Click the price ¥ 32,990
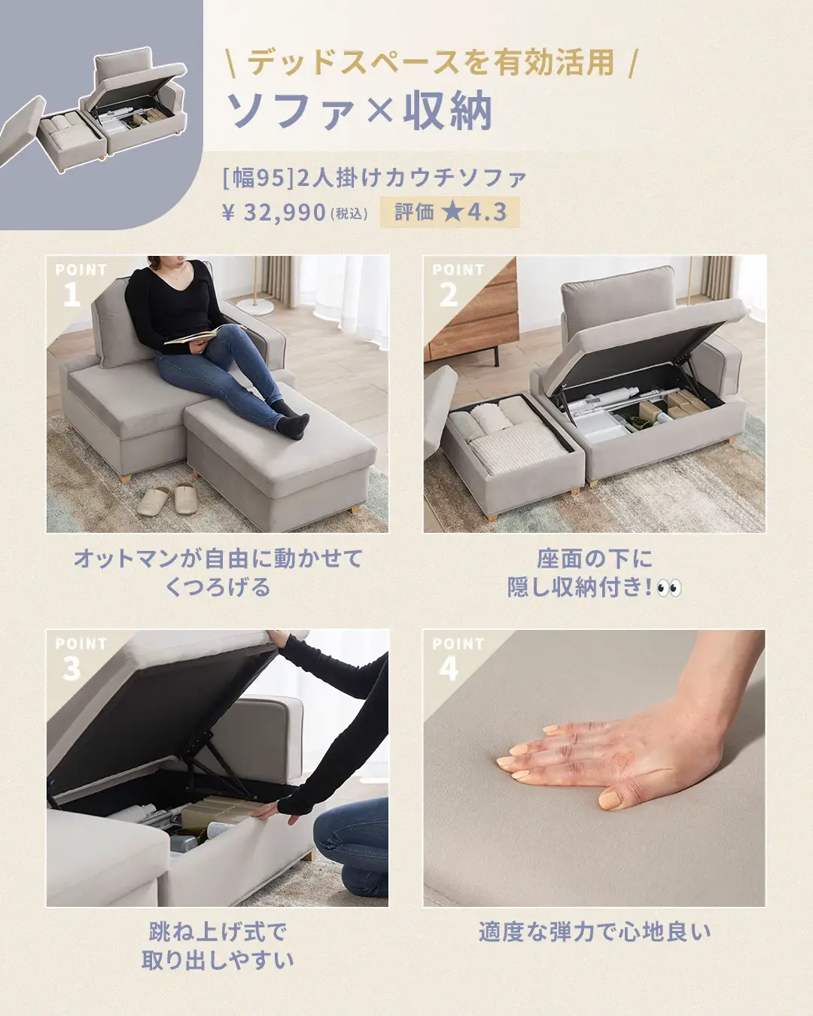274,212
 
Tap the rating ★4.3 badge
449,212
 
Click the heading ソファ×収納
360,111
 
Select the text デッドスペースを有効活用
431,62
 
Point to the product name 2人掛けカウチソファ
412,178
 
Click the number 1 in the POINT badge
72,294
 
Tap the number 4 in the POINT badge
449,668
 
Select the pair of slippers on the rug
167,498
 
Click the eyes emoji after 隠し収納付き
669,588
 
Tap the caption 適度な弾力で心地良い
594,932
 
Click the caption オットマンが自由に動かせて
218,558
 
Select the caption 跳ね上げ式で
218,932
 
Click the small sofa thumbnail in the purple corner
95,110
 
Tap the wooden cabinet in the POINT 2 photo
472,312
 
